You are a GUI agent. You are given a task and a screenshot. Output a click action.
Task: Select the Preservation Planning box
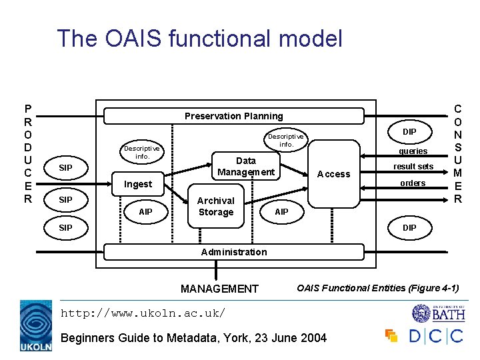(233, 116)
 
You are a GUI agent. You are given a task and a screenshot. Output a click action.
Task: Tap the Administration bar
(233, 252)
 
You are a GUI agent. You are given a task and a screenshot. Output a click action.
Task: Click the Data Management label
(245, 167)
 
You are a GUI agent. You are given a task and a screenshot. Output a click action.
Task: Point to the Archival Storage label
(216, 207)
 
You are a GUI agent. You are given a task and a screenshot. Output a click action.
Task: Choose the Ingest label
(138, 184)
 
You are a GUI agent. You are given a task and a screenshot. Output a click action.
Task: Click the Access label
(333, 174)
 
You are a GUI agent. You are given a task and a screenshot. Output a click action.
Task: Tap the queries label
(413, 151)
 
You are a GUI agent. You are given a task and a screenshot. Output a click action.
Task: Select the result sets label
(413, 167)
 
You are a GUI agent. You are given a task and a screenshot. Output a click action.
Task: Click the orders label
(413, 183)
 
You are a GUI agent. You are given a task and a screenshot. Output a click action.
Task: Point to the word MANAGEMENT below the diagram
(219, 289)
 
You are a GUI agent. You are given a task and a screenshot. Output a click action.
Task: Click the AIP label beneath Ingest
(145, 212)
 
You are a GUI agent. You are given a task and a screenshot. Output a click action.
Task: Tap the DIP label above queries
(409, 132)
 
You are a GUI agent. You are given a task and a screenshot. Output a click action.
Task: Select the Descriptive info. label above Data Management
(286, 141)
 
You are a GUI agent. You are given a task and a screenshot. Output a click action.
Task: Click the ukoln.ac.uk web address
(143, 313)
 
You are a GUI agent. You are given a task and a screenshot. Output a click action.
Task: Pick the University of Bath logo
(437, 313)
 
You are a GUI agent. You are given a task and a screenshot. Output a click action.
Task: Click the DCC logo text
(435, 335)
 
